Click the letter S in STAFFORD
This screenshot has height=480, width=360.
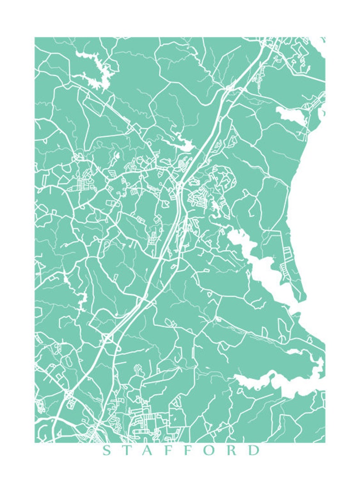pyautogui.click(x=107, y=451)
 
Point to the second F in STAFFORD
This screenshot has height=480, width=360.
pyautogui.click(x=190, y=451)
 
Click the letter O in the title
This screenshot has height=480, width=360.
pyautogui.click(x=212, y=451)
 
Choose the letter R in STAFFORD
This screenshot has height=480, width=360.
pyautogui.click(x=234, y=451)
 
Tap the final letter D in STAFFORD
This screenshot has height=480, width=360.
pyautogui.click(x=255, y=451)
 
